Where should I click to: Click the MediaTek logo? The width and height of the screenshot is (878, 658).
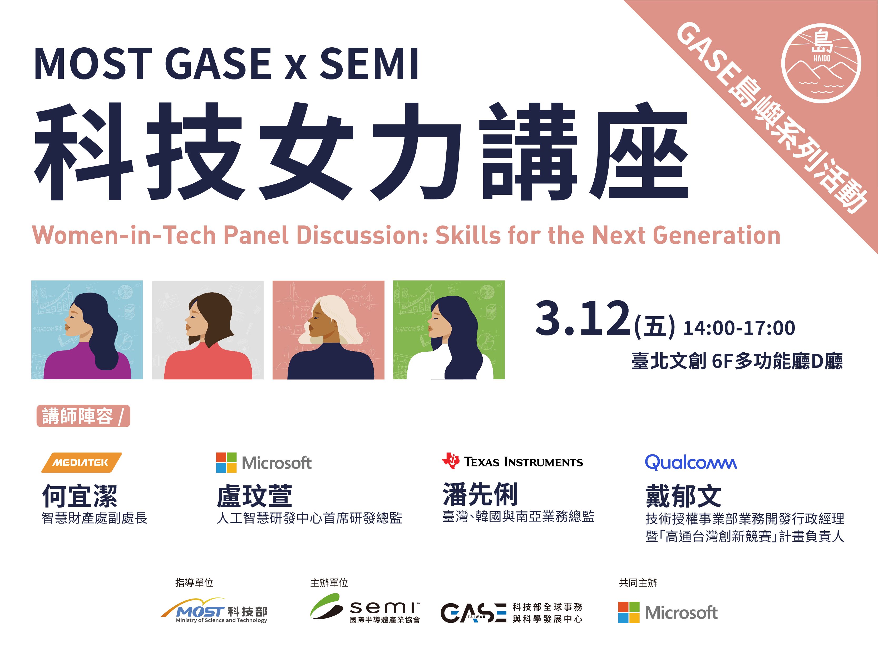point(81,463)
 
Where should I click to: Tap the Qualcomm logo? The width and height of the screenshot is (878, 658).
point(691,463)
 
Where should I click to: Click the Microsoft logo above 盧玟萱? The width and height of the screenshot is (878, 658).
point(264,463)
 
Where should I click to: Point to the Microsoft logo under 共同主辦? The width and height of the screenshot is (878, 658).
point(668,612)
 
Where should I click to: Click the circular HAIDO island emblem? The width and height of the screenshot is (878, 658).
point(821,63)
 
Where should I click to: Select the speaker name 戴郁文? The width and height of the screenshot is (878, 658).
point(683,496)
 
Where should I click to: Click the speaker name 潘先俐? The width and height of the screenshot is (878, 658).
point(480,494)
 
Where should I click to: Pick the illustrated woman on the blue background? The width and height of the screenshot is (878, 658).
point(87,330)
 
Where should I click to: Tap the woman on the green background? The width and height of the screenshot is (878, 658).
point(449,330)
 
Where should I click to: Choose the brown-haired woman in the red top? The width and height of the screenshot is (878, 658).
point(208,330)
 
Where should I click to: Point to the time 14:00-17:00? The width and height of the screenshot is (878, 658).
point(739,328)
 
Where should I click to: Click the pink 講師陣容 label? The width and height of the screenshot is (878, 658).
point(83,416)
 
